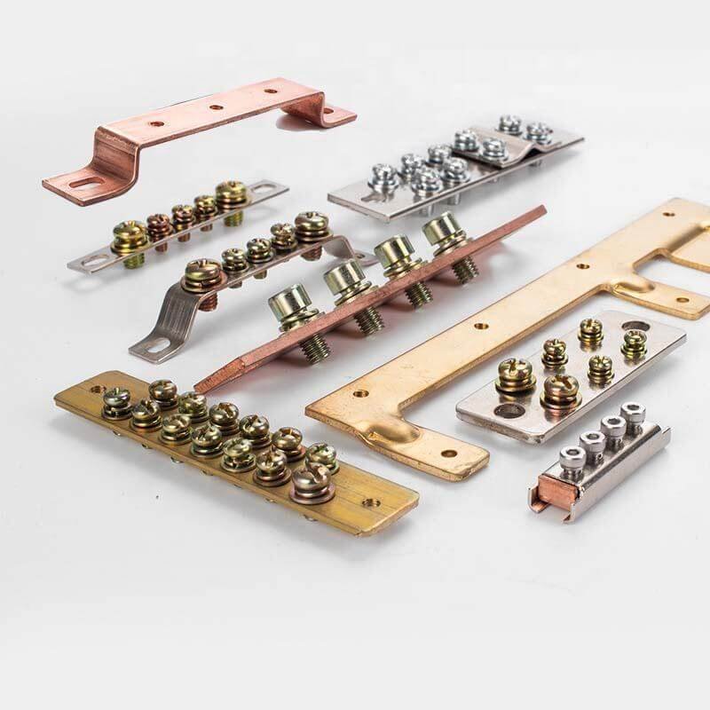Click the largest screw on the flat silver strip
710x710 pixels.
[231, 193]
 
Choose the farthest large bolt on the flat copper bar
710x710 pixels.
[444, 231]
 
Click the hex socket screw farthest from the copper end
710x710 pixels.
[633, 412]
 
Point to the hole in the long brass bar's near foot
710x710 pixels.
[448, 454]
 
